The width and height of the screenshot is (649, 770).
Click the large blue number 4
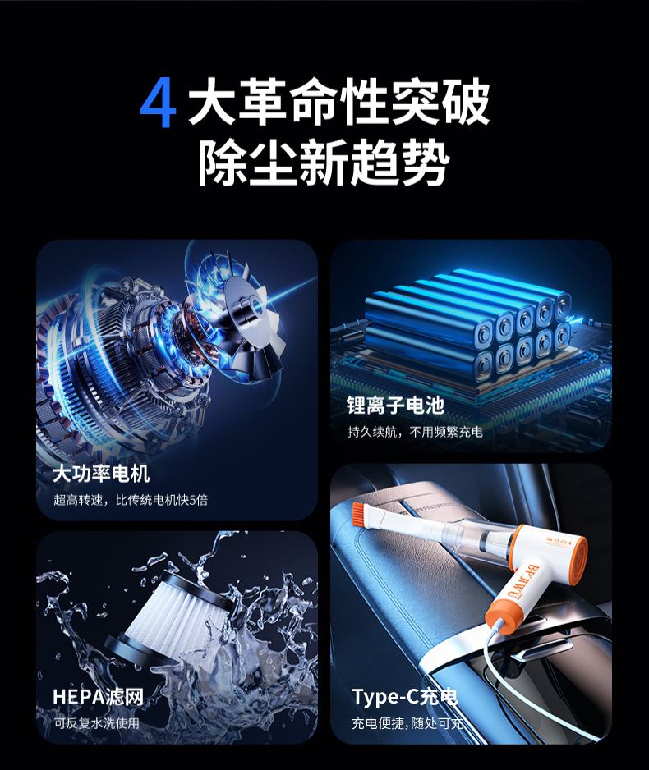coord(158,103)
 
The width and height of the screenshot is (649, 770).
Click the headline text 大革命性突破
coord(339,103)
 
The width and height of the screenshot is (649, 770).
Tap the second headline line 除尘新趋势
coord(324,162)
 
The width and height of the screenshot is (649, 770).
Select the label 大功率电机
coord(101,474)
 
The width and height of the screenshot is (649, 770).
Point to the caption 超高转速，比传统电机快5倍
coord(131,500)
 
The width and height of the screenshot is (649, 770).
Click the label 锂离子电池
coord(395,406)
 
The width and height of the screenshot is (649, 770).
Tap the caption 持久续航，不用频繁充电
coord(415,432)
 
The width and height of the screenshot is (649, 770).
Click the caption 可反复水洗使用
coord(96,723)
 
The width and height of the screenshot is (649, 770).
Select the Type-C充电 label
coord(405,696)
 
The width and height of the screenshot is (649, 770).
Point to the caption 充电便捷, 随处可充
coord(407,723)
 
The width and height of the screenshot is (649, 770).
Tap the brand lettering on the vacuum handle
coord(524,581)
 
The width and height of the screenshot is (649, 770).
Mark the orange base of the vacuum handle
coord(500,616)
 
